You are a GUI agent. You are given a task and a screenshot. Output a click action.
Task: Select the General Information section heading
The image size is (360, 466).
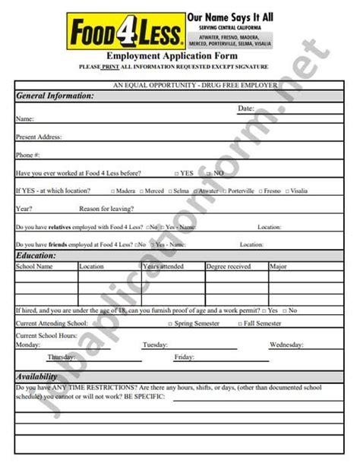click(55, 96)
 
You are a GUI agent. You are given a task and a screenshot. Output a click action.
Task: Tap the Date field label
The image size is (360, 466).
click(246, 109)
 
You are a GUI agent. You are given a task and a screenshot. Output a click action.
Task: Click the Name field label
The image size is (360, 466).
click(24, 119)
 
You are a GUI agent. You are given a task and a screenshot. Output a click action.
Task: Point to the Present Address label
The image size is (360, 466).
click(39, 137)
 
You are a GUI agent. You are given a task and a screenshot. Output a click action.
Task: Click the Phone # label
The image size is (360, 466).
click(27, 155)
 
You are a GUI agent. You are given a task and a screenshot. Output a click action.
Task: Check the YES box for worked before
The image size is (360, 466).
click(176, 173)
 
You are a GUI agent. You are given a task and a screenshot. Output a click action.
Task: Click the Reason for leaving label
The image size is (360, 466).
click(107, 208)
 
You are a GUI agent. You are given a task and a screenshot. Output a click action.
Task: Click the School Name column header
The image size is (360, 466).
click(34, 267)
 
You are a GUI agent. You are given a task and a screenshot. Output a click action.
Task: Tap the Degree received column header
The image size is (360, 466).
click(228, 267)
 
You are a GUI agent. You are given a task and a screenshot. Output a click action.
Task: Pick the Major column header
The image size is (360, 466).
click(278, 267)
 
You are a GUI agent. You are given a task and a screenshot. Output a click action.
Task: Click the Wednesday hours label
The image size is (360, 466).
click(286, 345)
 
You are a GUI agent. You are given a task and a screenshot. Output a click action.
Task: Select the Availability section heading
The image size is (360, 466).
click(38, 376)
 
